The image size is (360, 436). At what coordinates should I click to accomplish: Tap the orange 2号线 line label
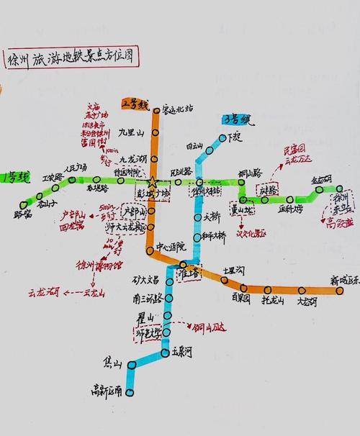point(135,104)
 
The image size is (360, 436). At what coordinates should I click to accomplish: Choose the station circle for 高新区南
point(130,391)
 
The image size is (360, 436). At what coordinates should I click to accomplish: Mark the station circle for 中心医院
point(150,251)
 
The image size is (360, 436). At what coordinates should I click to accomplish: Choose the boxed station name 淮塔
point(186,273)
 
